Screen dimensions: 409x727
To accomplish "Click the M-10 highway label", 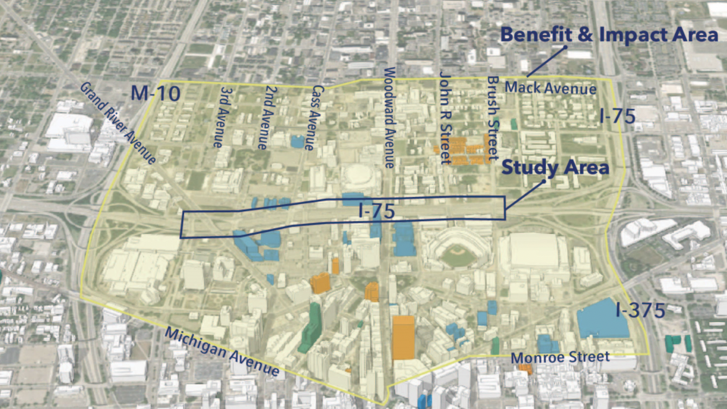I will tap(155, 93).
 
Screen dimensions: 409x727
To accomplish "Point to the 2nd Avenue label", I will tap(267, 117).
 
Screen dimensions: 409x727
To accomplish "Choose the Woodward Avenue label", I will tap(390, 117).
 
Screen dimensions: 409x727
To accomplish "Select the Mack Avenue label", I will tap(550, 88).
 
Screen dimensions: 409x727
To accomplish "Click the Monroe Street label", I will tap(560, 357).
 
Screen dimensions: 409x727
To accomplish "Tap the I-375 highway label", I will tap(640, 310).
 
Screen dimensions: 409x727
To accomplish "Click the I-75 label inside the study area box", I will tap(377, 211).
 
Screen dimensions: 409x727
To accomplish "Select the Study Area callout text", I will tap(555, 168).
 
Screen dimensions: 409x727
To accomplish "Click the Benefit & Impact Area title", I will tap(609, 35).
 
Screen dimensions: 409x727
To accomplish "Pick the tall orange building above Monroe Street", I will tap(403, 337).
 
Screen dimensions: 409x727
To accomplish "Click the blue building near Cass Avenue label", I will tap(298, 141).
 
